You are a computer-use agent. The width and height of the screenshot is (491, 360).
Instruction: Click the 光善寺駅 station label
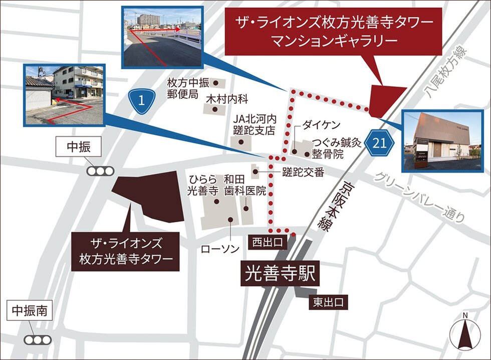280,274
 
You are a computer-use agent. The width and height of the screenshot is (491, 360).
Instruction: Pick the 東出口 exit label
328,302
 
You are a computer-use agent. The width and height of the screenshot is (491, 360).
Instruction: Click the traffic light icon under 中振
100,171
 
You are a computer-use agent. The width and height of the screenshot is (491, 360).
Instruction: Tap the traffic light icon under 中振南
38,339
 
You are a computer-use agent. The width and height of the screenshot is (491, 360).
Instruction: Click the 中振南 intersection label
30,311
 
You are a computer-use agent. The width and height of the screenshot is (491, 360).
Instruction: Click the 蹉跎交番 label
303,172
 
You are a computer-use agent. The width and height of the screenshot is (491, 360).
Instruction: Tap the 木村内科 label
226,99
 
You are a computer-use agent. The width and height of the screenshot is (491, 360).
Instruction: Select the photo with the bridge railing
161,36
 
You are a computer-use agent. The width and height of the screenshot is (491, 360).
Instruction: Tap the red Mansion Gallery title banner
333,31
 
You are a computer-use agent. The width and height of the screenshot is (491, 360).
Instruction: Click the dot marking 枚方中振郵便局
216,82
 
